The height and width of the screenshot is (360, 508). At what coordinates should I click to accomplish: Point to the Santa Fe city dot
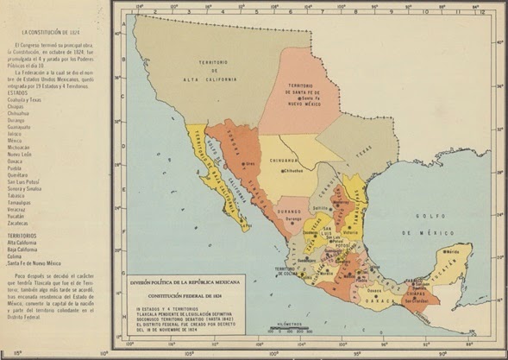pos(301,102)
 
